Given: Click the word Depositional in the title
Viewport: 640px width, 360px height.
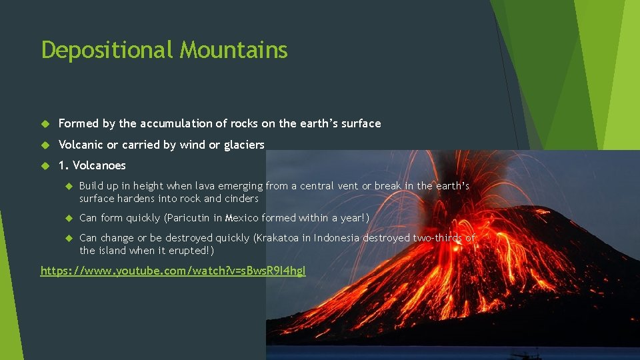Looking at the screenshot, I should [x=107, y=50].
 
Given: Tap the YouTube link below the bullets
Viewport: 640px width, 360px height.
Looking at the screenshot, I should [x=173, y=271].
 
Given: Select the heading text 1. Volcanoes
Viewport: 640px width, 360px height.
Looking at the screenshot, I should [x=92, y=165].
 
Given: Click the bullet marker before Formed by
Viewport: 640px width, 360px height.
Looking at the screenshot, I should [x=45, y=124].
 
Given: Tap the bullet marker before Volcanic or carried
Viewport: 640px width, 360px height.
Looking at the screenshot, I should [x=45, y=145].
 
